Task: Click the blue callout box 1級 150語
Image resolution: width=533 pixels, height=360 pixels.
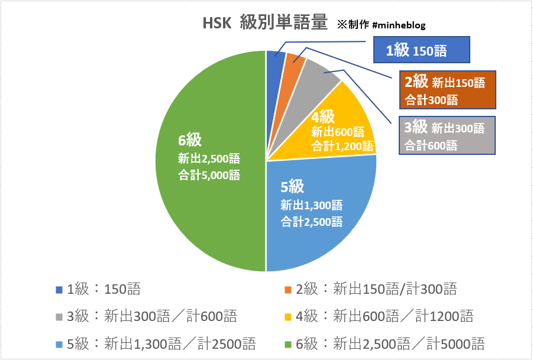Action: point(422,50)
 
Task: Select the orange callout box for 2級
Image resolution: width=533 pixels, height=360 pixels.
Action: point(447,89)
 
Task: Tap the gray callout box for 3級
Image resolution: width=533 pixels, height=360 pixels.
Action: point(447,135)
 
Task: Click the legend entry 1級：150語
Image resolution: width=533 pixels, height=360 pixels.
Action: point(98,289)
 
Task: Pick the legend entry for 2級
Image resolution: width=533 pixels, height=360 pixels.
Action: point(370,289)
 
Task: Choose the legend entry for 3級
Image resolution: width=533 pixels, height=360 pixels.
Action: point(146,316)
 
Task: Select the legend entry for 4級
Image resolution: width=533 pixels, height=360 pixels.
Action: point(379,316)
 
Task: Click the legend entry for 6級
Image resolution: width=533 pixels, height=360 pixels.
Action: point(385,343)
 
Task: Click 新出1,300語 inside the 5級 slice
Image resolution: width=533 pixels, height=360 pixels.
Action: point(312,206)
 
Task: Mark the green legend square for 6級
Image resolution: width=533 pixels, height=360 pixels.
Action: point(289,343)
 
